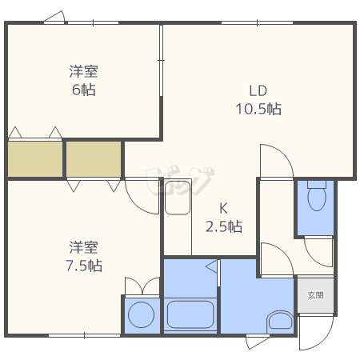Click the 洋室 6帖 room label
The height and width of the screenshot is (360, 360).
tap(82, 80)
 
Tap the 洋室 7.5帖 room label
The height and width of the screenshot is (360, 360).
tap(84, 255)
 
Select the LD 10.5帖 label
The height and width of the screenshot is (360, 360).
tap(257, 99)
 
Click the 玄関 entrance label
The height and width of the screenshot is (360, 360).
tap(315, 294)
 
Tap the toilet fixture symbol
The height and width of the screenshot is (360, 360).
tap(317, 197)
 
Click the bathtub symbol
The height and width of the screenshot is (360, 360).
tap(191, 314)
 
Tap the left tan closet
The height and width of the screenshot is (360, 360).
tap(35, 158)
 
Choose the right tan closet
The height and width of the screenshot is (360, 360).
tap(94, 158)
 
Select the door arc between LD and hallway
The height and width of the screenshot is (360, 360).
tap(277, 160)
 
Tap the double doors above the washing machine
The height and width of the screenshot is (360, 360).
tap(142, 286)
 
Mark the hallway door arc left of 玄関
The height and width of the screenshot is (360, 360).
tap(276, 259)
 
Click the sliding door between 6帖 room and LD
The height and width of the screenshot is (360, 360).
tap(162, 56)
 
